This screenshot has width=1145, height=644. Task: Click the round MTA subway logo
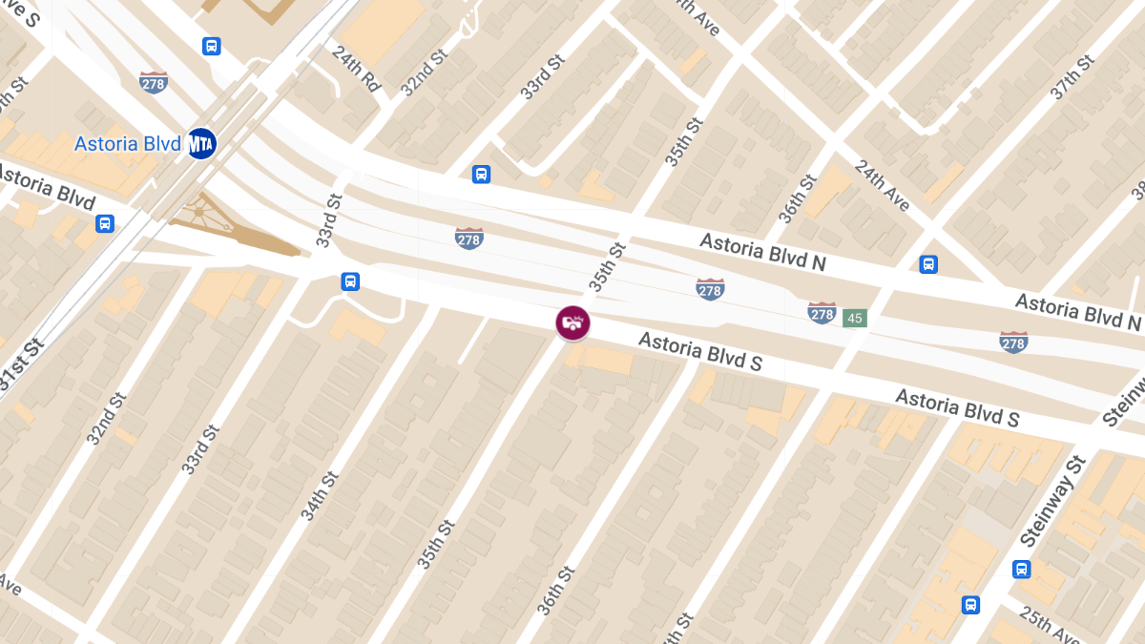point(201,144)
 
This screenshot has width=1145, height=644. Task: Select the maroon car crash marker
point(572,322)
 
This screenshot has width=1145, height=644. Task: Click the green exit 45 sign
point(854,318)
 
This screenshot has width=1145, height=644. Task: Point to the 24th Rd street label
point(357,69)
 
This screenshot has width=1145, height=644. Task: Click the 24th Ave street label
point(883,185)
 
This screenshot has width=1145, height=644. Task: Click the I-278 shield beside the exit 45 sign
point(822,312)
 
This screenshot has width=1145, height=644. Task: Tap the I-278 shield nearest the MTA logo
point(154,82)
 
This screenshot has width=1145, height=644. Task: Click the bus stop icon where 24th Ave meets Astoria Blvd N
point(928,264)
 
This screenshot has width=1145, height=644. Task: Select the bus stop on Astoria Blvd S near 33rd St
point(350,281)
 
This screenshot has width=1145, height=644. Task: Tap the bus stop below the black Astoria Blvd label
point(105,223)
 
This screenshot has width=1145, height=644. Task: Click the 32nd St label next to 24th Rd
point(424,73)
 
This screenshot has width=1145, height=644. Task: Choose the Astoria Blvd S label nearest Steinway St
point(957,408)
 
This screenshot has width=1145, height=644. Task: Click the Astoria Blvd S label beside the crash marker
point(699,352)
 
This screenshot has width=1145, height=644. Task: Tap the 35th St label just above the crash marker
point(606,266)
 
